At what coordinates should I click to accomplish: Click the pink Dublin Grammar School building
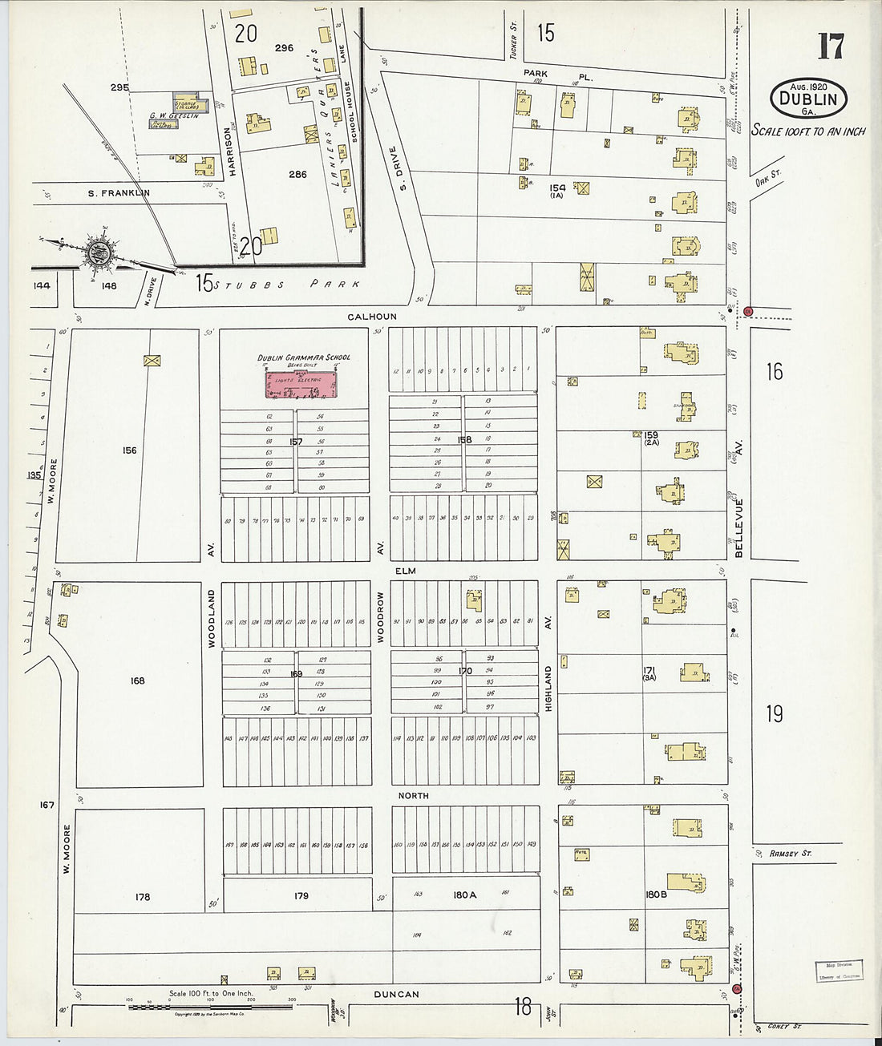[x=301, y=384]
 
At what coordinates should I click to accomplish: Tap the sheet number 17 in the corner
[x=830, y=46]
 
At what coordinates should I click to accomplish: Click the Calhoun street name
[x=371, y=317]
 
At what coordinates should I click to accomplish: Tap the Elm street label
[x=405, y=571]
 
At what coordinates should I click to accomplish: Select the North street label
[x=413, y=796]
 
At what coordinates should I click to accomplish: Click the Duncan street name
[x=396, y=995]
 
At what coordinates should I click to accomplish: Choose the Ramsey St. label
[x=790, y=854]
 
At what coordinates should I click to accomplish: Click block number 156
[x=129, y=450]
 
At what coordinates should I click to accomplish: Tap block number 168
[x=137, y=681]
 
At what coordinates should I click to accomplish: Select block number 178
[x=142, y=897]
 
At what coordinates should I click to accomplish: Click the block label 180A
[x=464, y=895]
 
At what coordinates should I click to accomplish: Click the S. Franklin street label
[x=119, y=193]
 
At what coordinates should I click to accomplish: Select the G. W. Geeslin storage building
[x=191, y=105]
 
